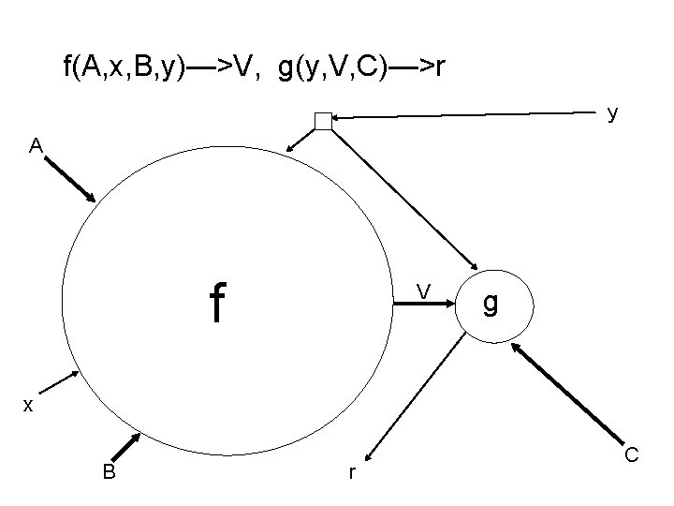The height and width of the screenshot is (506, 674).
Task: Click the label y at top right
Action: (611, 113)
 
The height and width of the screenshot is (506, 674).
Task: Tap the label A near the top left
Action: (35, 146)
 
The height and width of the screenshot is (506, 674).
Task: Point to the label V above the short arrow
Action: (423, 294)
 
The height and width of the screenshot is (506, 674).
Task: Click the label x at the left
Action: (29, 405)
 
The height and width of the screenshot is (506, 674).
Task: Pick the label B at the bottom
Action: (110, 472)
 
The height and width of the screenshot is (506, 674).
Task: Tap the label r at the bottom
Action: (351, 474)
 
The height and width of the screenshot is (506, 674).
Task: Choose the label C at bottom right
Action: (632, 455)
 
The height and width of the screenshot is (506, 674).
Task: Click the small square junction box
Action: (323, 120)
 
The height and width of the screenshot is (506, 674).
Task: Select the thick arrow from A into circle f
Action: (69, 178)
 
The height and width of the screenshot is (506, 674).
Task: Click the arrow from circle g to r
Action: (418, 394)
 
